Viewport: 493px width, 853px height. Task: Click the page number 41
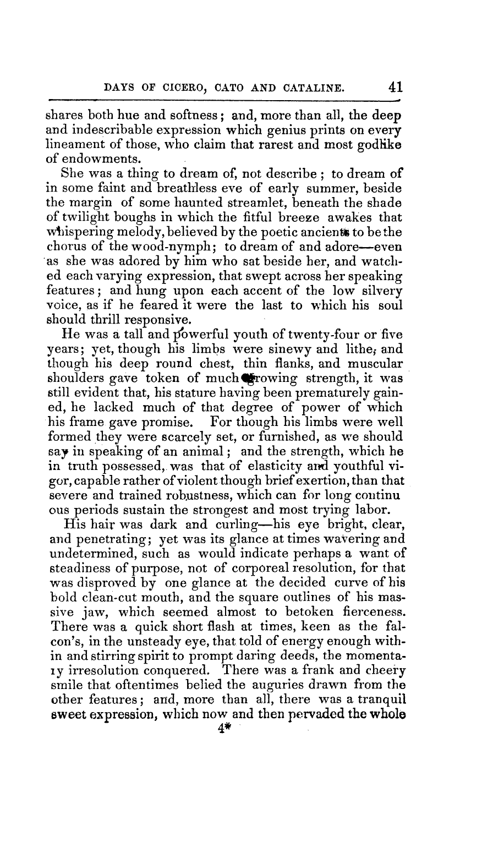[x=395, y=87]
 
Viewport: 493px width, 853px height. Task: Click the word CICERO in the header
[x=190, y=88]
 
